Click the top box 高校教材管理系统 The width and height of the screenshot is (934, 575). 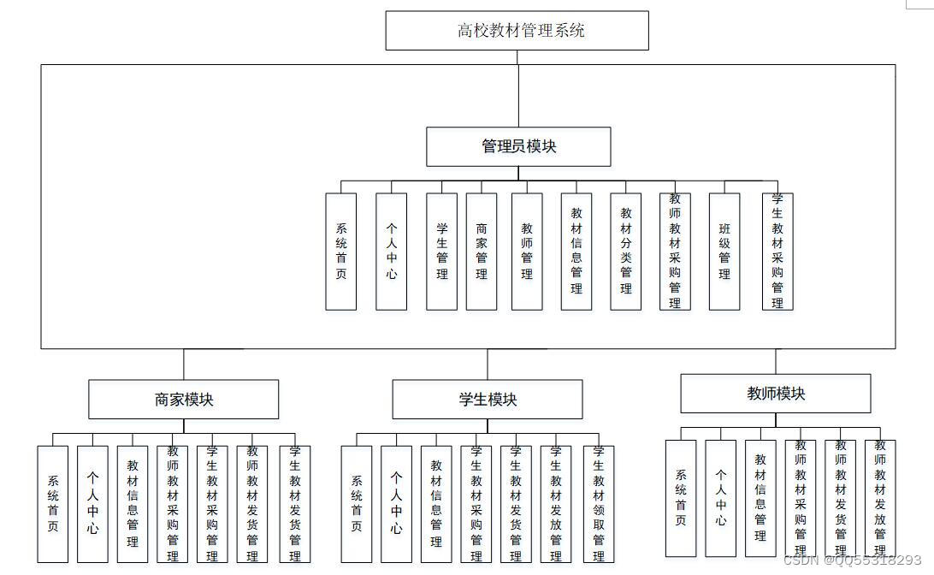point(517,31)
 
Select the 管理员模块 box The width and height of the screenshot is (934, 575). point(518,146)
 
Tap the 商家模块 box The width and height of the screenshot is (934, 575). point(183,400)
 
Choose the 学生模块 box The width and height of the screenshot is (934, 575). point(488,400)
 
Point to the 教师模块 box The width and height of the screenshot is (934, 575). point(776,394)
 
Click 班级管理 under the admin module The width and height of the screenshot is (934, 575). point(724,252)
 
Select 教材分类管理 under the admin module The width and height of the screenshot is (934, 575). point(626,252)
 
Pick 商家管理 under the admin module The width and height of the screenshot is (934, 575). point(482,252)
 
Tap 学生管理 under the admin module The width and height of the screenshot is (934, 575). point(442,252)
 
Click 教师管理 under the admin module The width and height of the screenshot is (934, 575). point(527,252)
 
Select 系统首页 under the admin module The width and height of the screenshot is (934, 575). point(341,252)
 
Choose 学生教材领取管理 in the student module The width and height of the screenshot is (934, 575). point(599,504)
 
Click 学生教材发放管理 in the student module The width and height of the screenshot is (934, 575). point(556,504)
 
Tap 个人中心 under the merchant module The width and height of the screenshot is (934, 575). point(92,504)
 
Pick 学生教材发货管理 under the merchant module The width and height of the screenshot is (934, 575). point(295,504)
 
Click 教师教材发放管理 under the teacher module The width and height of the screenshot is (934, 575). point(880,498)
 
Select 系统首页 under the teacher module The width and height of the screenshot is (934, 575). point(681,498)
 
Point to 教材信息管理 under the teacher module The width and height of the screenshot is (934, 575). point(760,498)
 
